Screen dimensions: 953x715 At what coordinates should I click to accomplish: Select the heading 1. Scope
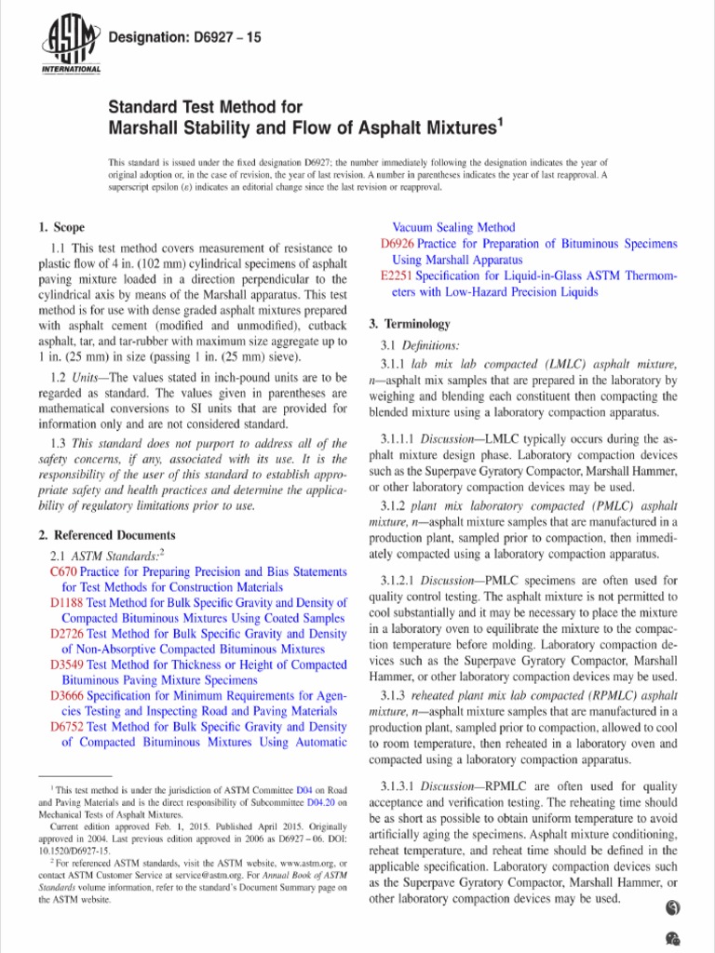[61, 227]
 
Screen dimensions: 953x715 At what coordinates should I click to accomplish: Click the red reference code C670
[62, 572]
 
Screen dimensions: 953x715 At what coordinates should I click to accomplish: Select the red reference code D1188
[67, 602]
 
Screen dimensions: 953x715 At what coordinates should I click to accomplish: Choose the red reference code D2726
[67, 634]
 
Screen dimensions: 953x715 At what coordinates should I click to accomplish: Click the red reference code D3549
[67, 664]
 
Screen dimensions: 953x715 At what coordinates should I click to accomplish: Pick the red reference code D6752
[67, 726]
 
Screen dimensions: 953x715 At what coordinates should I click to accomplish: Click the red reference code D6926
[398, 244]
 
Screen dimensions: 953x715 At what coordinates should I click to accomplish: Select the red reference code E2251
[398, 276]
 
